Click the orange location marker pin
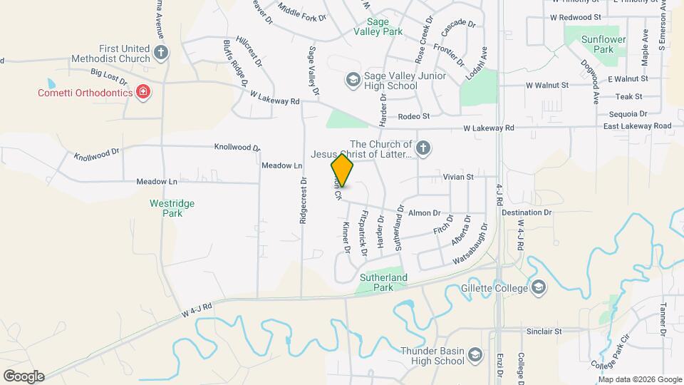[342, 171]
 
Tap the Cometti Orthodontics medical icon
[143, 93]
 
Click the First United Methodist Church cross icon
[162, 52]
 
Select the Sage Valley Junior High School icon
[352, 79]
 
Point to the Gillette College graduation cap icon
[539, 287]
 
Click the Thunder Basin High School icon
[475, 355]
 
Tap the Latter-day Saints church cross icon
[423, 148]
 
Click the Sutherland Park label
[383, 282]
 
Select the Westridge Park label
[172, 207]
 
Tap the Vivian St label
[458, 176]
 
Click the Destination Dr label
[527, 212]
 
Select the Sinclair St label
[544, 332]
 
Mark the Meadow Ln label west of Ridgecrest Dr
[157, 182]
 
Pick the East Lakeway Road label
[637, 126]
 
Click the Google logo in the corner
[24, 376]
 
